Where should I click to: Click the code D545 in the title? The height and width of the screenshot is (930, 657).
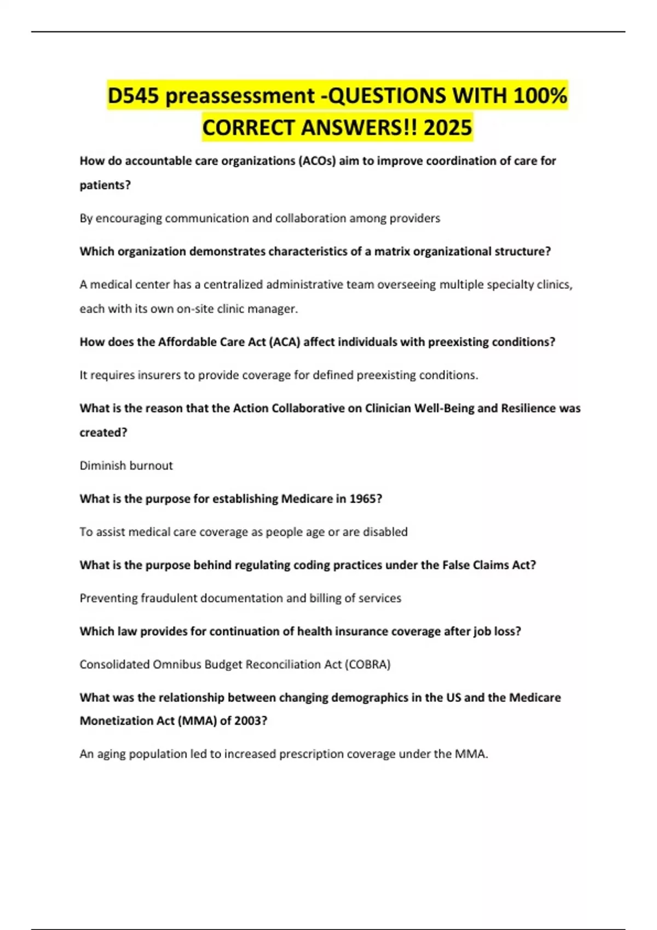(133, 96)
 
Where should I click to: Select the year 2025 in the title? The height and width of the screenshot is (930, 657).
(447, 127)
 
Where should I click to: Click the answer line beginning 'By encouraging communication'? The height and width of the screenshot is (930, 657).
(260, 218)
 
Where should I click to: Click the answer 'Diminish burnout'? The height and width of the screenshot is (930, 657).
(126, 466)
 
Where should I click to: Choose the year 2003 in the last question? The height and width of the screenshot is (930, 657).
(250, 721)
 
